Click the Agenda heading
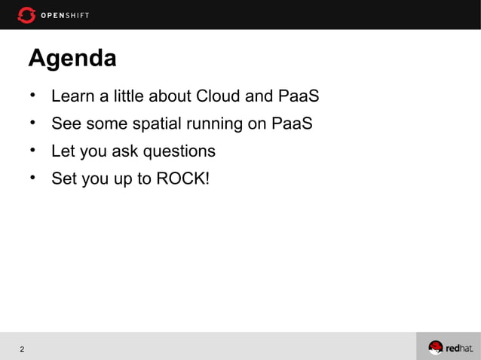[72, 58]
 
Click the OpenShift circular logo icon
[26, 15]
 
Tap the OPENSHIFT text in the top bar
[65, 16]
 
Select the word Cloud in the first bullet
[218, 97]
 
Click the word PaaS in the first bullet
[299, 97]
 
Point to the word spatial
[167, 124]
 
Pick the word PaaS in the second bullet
[292, 124]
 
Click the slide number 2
[22, 349]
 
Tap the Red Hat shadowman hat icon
[436, 347]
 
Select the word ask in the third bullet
[125, 151]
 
